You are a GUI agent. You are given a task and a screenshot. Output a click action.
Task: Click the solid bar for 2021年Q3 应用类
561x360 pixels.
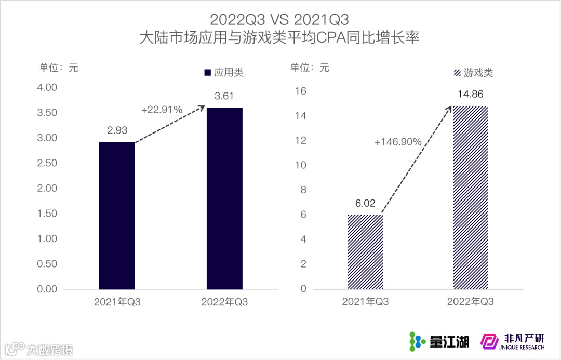(x=117, y=216)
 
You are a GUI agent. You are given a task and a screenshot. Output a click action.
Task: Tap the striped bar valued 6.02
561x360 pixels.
(x=365, y=252)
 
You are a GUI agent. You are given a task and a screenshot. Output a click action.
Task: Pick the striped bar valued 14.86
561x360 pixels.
(x=470, y=197)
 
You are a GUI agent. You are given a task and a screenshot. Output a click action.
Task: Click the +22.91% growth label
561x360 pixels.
(x=162, y=110)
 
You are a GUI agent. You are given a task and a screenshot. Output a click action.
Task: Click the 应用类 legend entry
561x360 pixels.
(x=224, y=73)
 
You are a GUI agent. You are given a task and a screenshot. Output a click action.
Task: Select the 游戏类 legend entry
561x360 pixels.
(x=473, y=73)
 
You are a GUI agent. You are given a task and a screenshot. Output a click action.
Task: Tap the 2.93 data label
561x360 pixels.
(x=117, y=130)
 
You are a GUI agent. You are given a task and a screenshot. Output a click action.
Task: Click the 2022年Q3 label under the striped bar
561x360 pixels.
(x=470, y=302)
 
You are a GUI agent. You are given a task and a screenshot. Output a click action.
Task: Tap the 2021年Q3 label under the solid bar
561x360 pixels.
(x=117, y=302)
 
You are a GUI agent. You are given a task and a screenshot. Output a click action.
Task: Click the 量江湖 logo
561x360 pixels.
(x=439, y=341)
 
